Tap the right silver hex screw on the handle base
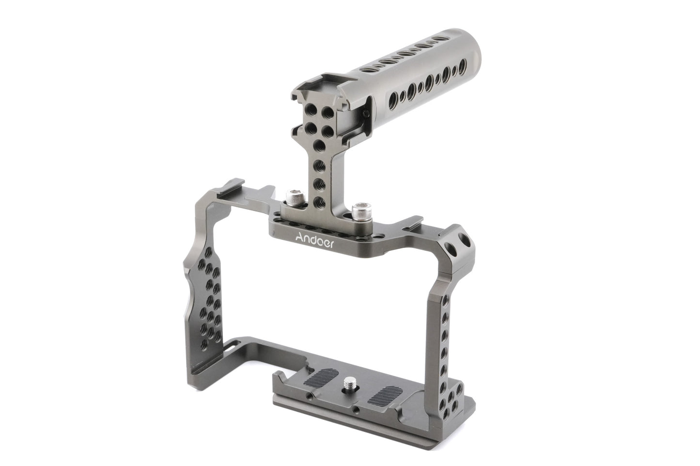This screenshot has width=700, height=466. (x=358, y=211)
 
